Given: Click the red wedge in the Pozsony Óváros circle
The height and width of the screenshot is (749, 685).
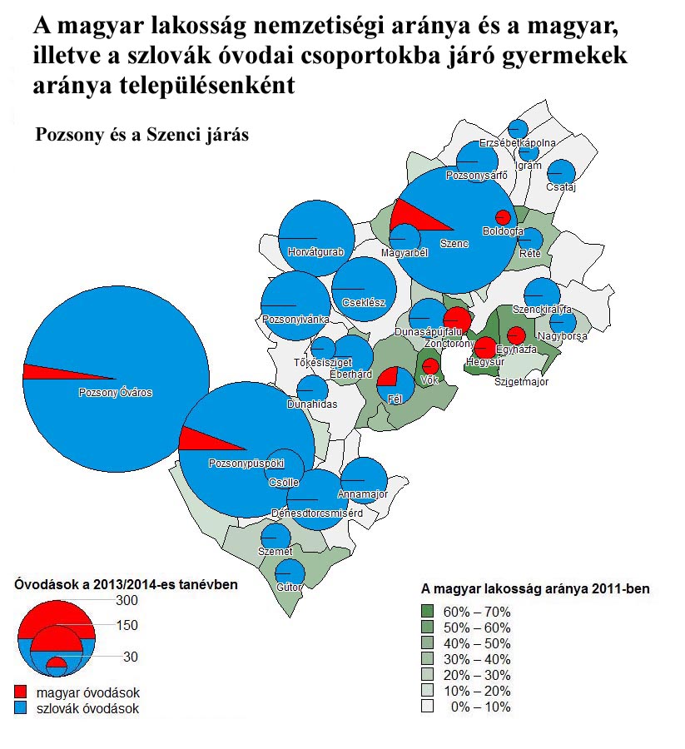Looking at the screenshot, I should (x=50, y=372).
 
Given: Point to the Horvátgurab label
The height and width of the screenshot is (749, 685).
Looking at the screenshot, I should (x=314, y=251).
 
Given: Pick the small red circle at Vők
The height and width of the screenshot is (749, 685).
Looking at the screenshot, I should (x=430, y=365).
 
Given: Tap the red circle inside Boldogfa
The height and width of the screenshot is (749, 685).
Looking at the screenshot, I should (x=502, y=214).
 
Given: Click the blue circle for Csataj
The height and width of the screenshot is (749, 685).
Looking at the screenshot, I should (x=562, y=172).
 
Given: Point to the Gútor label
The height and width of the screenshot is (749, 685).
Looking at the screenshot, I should (x=289, y=588).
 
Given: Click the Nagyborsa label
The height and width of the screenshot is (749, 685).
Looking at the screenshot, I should (x=563, y=336).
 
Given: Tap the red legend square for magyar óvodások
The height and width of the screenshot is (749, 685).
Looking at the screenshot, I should (x=21, y=692).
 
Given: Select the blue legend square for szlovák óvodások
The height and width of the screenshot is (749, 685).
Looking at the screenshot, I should (x=21, y=708).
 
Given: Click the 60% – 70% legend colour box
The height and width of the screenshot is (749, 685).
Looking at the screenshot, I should (x=428, y=612).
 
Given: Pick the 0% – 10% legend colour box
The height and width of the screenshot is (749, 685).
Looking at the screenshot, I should (x=428, y=707).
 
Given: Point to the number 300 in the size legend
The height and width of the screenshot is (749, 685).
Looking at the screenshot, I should (x=127, y=601).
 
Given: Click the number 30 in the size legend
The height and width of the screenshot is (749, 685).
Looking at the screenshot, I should (x=130, y=657).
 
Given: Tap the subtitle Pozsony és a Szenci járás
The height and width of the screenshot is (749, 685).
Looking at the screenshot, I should (x=141, y=135).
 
